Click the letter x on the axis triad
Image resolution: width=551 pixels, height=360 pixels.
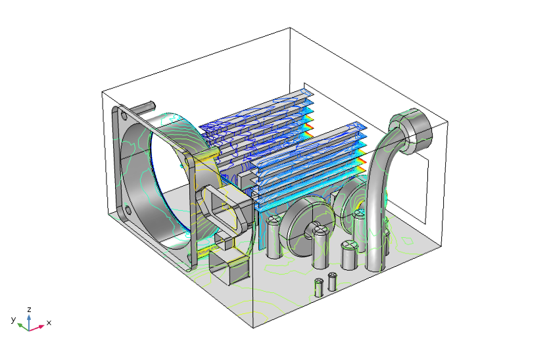point(49,323)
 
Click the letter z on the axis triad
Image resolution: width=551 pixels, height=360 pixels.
point(30,308)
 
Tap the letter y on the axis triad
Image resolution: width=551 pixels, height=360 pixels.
point(13,319)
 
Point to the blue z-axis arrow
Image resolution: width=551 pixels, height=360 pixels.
point(30,318)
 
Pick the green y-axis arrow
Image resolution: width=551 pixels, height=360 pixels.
point(22,324)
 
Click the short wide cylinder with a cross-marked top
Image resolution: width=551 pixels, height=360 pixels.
point(348,253)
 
